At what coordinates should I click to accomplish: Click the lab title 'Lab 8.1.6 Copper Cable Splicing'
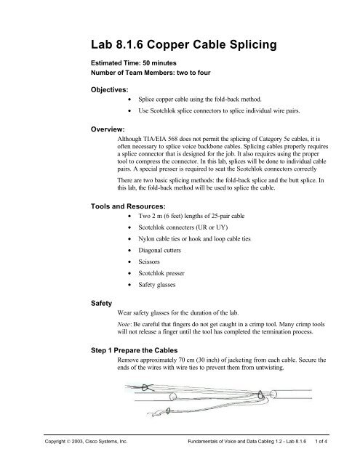(180, 47)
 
